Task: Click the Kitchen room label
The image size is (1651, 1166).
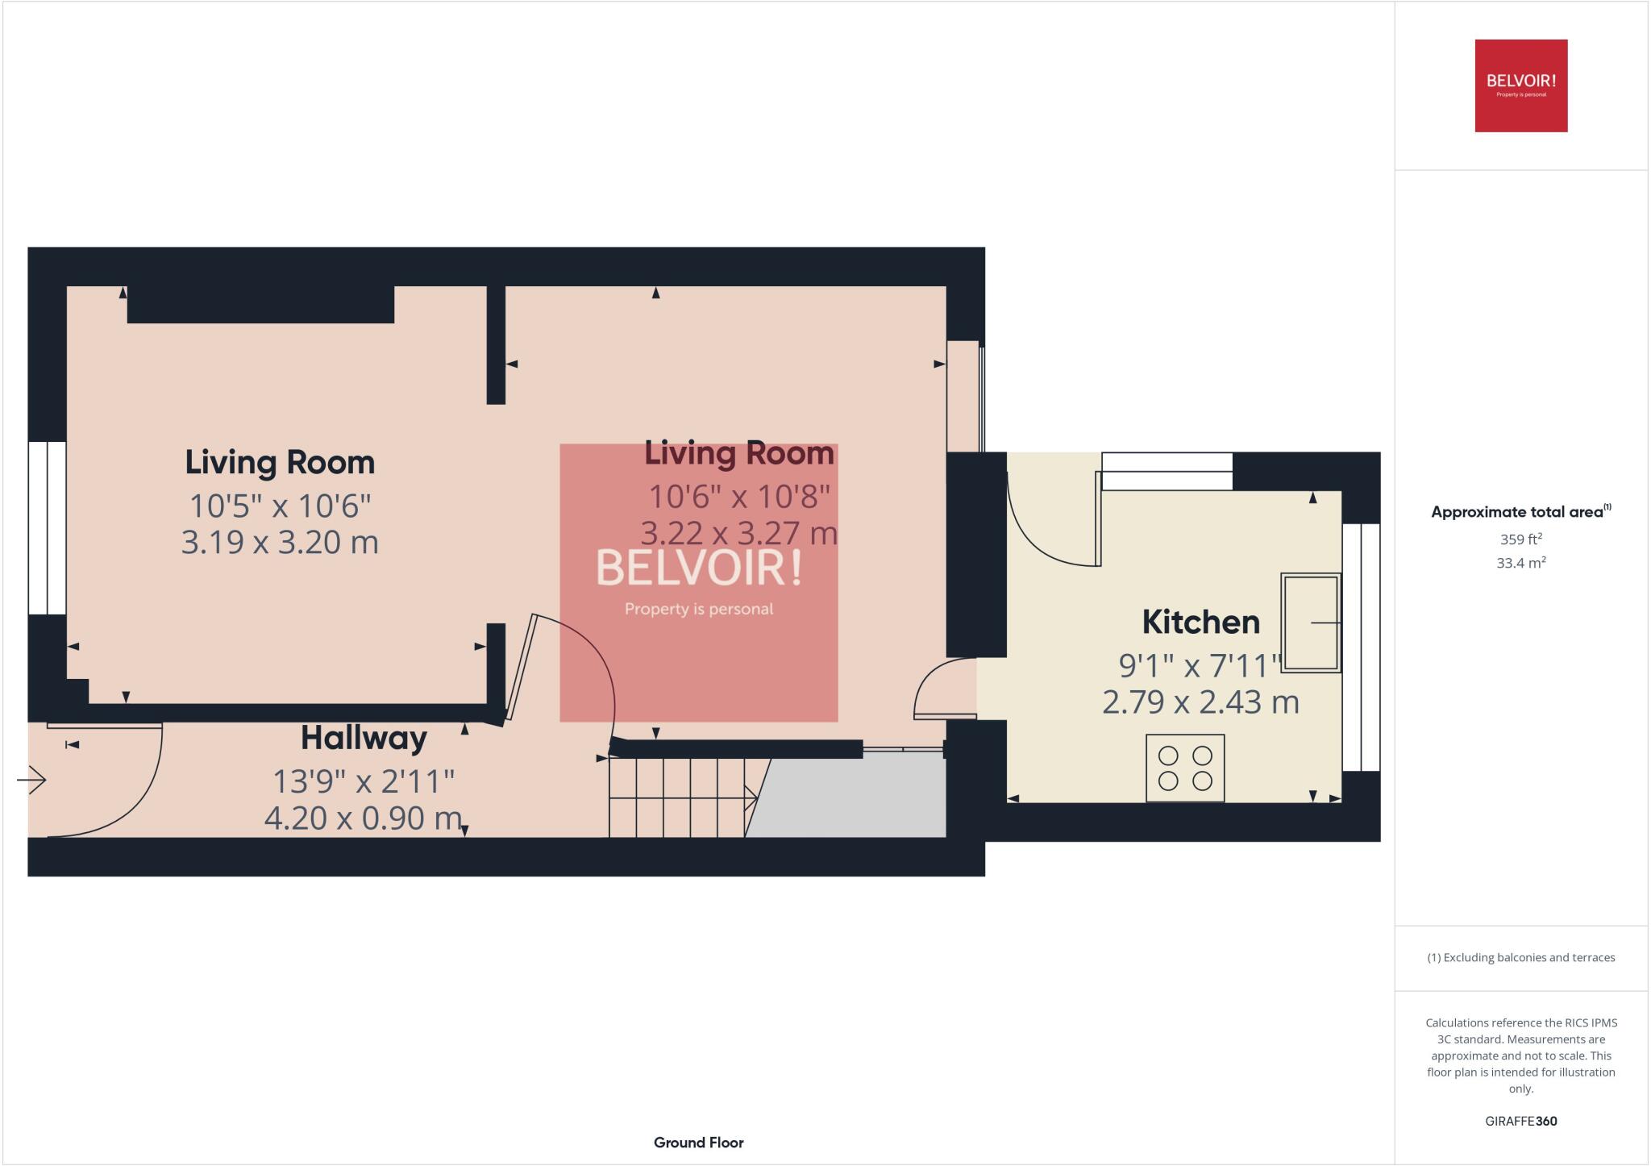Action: [x=1200, y=623]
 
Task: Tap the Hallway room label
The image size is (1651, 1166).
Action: [x=364, y=739]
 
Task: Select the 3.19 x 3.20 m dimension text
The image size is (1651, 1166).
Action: [x=280, y=543]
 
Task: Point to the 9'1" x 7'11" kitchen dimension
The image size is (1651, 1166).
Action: [x=1200, y=666]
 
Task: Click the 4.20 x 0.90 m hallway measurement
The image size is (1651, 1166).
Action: [x=363, y=818]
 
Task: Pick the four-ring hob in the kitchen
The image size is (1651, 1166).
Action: [x=1185, y=768]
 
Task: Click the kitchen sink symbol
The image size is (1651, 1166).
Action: [x=1311, y=622]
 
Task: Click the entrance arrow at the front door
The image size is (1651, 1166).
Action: [x=32, y=780]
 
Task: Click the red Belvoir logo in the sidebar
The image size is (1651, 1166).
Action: [x=1520, y=85]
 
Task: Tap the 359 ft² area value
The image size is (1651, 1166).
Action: [x=1520, y=539]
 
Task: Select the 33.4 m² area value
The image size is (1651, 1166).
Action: [x=1520, y=563]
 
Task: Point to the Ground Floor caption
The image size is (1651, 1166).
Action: [x=698, y=1143]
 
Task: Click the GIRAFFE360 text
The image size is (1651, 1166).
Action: [x=1520, y=1121]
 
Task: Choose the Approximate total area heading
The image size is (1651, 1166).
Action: [x=1519, y=512]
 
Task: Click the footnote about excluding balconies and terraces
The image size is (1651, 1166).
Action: [x=1520, y=958]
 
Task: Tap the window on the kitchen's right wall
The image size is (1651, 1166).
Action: [x=1361, y=647]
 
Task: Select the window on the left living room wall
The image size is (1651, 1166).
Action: [x=47, y=528]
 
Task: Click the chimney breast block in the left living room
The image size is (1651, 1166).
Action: [x=260, y=305]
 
